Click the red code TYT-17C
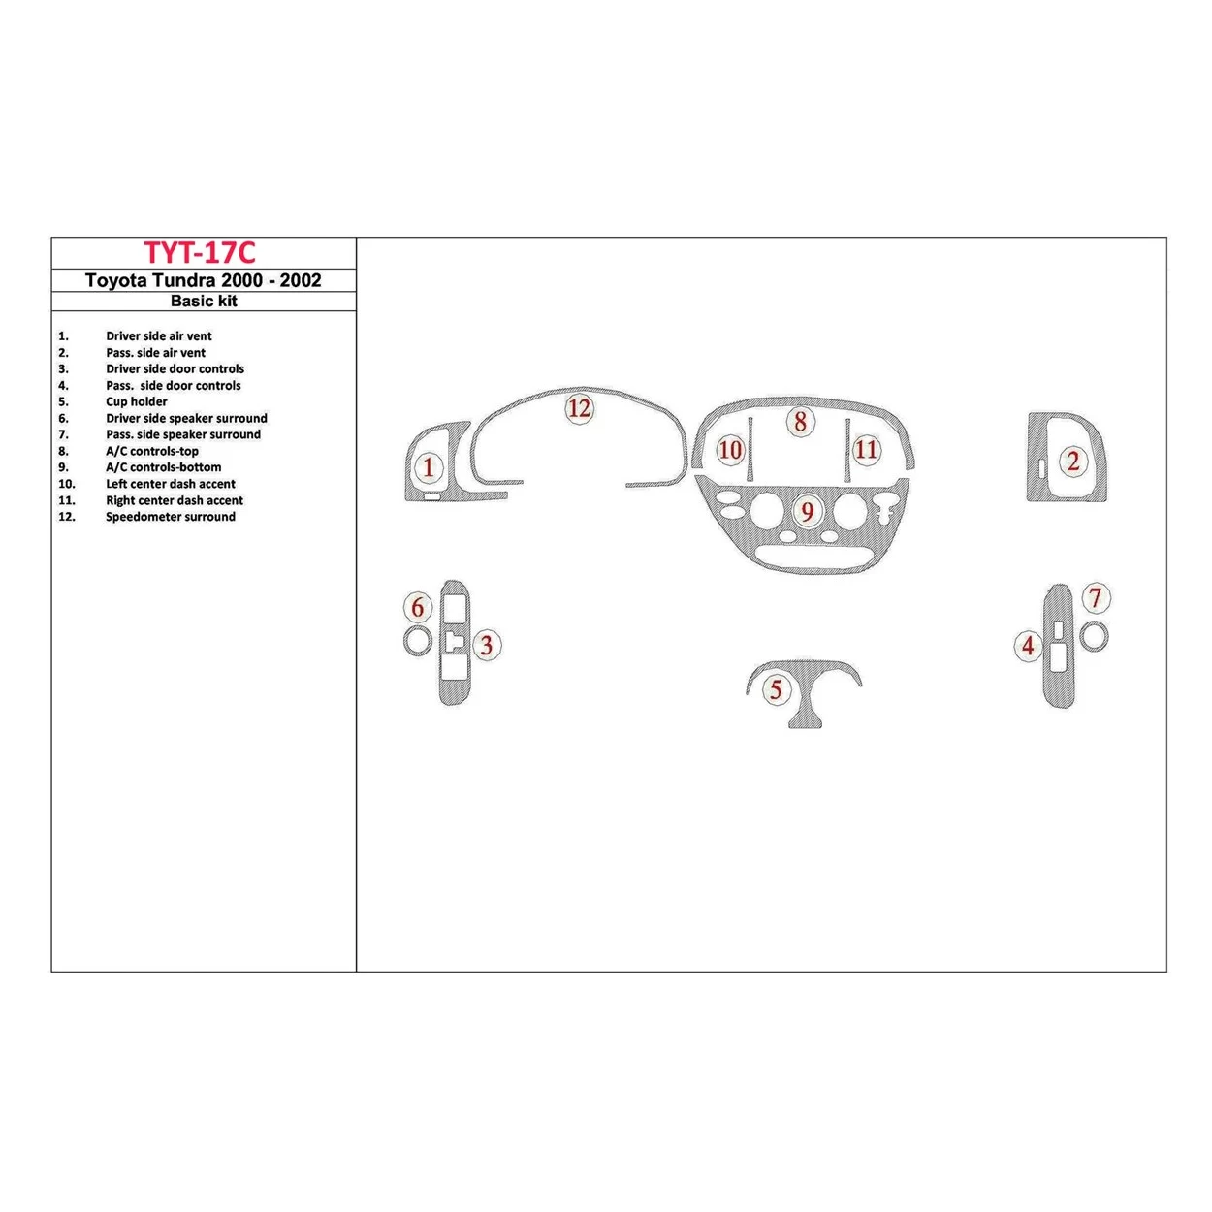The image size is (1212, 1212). (x=200, y=253)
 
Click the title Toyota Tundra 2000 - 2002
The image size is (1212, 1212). (x=203, y=280)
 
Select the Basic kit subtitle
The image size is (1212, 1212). (x=204, y=302)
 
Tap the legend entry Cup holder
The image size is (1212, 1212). (x=136, y=401)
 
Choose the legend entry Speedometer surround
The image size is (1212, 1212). (x=170, y=517)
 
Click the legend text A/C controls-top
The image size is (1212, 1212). (x=151, y=451)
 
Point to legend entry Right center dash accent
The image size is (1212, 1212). (x=174, y=500)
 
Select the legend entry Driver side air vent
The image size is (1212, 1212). (x=158, y=336)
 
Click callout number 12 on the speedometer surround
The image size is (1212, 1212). (x=579, y=408)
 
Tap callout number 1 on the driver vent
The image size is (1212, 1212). (x=429, y=467)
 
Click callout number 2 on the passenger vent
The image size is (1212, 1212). (x=1072, y=462)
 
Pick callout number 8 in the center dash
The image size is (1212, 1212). (x=800, y=422)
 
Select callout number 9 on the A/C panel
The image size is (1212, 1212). (x=807, y=511)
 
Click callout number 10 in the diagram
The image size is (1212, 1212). (x=730, y=450)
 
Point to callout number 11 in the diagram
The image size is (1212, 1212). (x=866, y=449)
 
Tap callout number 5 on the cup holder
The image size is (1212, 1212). (x=776, y=689)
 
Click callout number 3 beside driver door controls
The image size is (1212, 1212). (x=487, y=645)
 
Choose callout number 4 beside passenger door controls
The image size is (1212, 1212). (x=1028, y=645)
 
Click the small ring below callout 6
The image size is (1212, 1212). (x=417, y=641)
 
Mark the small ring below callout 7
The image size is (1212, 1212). (x=1095, y=637)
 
